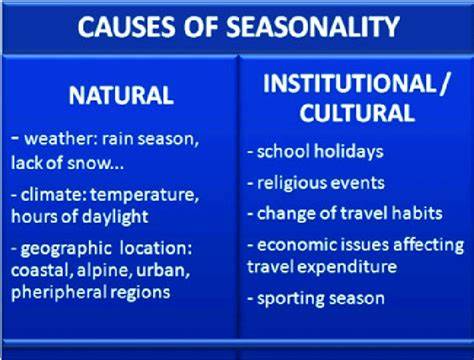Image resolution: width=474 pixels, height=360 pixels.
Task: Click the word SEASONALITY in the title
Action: (x=313, y=27)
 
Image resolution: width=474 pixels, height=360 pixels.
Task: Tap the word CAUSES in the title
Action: (x=126, y=27)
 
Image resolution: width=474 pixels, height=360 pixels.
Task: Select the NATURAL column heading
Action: (x=121, y=95)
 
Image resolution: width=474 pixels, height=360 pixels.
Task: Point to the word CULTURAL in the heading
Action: (x=357, y=112)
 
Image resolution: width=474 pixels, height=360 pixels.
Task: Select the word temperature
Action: (x=142, y=195)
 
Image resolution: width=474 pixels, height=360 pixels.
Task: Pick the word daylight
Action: (x=115, y=218)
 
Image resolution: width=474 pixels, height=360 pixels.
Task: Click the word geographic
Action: (x=66, y=249)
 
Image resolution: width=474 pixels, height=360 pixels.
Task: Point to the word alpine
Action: (x=101, y=271)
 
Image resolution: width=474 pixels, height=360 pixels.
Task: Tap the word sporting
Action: (x=286, y=299)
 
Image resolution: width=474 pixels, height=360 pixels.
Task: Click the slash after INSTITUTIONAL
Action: (x=444, y=84)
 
